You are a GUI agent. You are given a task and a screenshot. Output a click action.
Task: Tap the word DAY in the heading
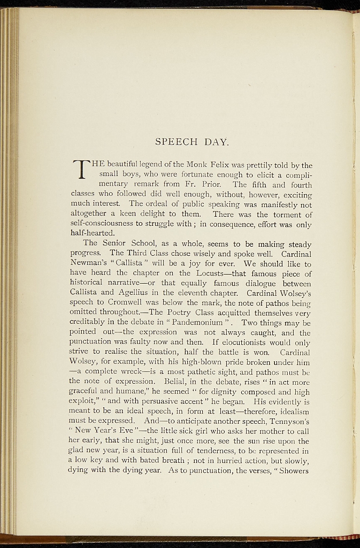[217, 142]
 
